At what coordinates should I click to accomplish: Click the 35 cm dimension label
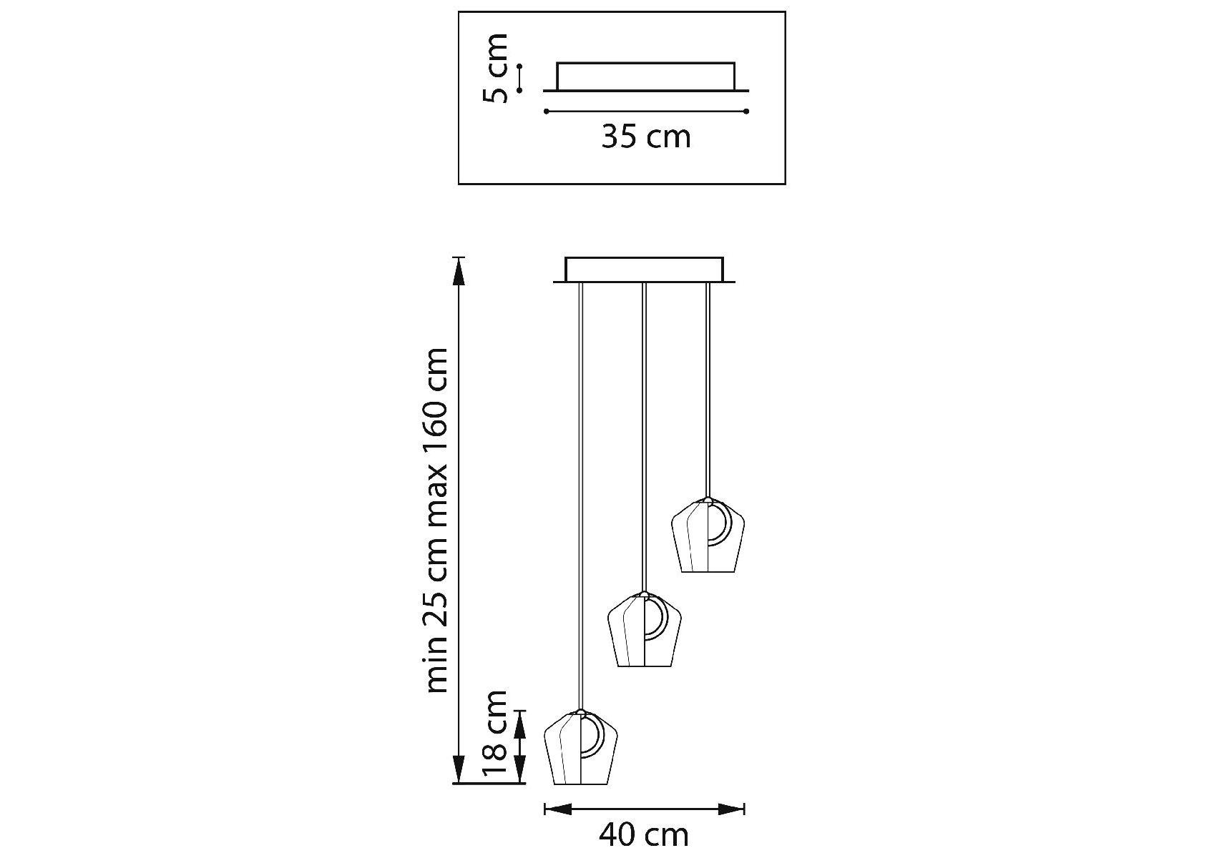click(x=645, y=136)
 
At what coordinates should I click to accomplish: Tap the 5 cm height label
click(x=495, y=68)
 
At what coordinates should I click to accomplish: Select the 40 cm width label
click(x=643, y=835)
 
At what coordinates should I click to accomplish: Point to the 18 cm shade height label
click(x=495, y=734)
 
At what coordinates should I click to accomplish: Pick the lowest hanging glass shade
click(x=580, y=747)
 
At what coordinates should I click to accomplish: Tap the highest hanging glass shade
click(x=708, y=536)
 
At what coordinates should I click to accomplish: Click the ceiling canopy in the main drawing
click(x=645, y=270)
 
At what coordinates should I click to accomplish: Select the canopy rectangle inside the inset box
click(x=646, y=77)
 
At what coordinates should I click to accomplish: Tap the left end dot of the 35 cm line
click(x=546, y=112)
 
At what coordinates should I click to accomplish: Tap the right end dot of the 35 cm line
click(x=746, y=112)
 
